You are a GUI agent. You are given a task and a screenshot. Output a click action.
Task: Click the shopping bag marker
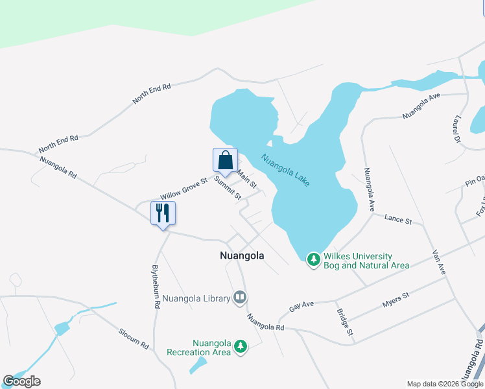(x=225, y=160)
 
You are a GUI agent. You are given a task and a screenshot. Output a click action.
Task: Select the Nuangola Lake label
(x=285, y=170)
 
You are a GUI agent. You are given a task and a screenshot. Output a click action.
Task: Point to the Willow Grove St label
(x=183, y=189)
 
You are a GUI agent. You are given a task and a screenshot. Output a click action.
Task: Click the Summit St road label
(x=228, y=187)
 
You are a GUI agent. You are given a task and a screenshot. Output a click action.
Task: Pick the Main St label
(x=248, y=176)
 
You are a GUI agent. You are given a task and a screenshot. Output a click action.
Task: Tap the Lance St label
(x=398, y=220)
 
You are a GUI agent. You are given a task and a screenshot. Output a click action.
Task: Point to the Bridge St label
(x=344, y=322)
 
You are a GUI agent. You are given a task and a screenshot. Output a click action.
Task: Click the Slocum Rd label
(x=134, y=339)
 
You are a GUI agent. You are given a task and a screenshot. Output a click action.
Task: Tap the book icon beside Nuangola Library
(x=240, y=298)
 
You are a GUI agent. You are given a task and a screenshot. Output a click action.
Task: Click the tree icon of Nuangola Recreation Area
(x=241, y=347)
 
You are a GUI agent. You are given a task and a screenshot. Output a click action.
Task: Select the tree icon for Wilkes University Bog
(x=314, y=259)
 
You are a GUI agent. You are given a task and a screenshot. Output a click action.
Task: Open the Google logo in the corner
(x=21, y=381)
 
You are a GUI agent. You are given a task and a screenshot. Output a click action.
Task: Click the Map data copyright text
(x=445, y=384)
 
